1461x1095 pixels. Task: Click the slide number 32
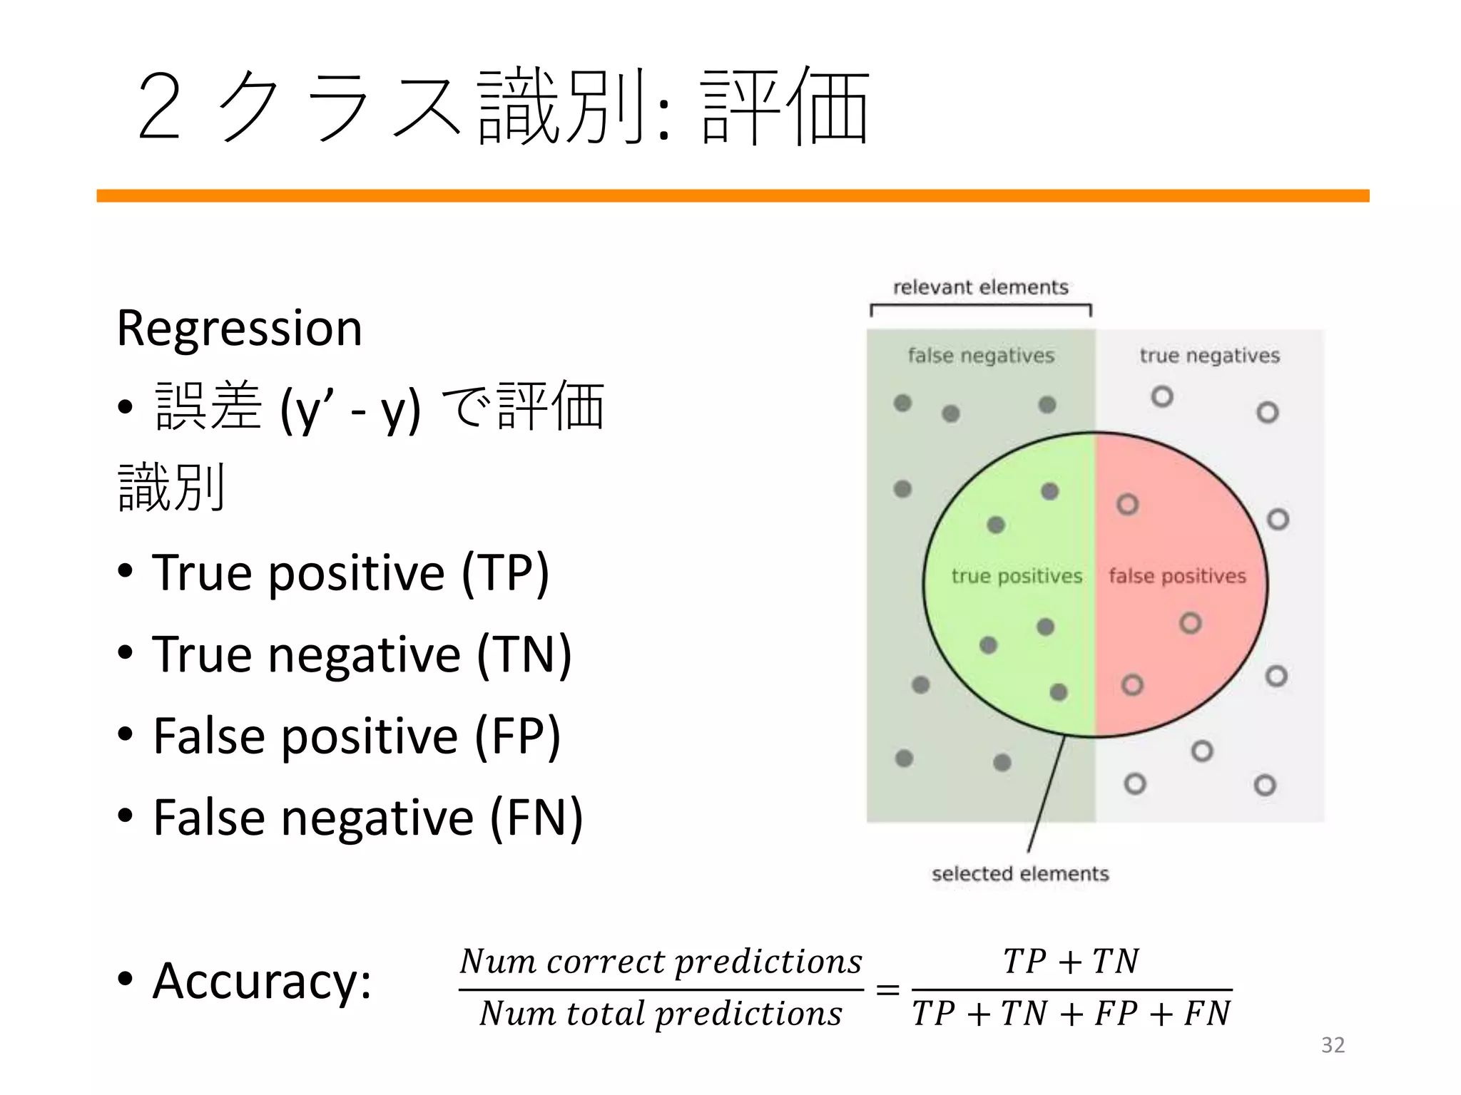1333,1045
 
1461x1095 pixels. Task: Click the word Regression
240,329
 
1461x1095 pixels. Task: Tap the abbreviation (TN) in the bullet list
524,654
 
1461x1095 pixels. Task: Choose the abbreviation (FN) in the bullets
536,818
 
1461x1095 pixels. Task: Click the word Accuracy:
262,982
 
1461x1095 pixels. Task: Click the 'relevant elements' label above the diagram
981,287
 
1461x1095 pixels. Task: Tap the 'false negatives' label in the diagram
981,355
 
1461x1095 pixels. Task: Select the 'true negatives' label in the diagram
1209,355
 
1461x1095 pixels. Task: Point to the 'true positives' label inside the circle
1017,576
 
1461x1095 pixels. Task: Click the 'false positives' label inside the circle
1177,576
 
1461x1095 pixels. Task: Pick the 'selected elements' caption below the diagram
1020,874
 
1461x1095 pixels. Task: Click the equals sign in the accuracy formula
887,989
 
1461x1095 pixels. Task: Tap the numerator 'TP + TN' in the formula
1071,962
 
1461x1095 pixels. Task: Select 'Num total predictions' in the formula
661,1014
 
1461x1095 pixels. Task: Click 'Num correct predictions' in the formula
661,962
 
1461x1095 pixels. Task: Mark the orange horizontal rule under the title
733,196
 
